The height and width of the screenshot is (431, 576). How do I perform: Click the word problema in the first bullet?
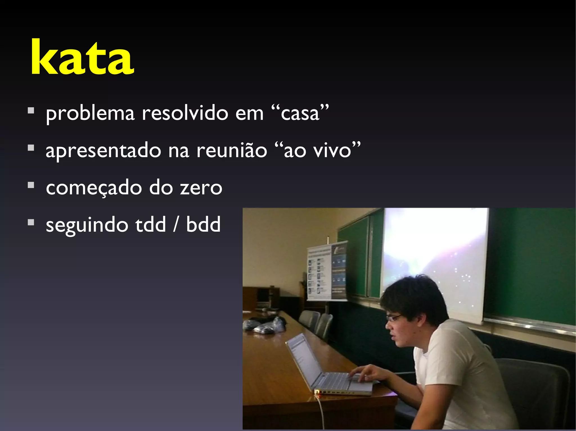(90, 114)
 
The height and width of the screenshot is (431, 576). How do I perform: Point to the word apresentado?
(103, 151)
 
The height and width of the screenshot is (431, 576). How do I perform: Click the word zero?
(201, 188)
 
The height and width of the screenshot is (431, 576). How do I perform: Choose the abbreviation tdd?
(151, 224)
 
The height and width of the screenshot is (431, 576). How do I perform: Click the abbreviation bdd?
(203, 224)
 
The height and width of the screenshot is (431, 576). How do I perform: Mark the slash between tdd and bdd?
(176, 224)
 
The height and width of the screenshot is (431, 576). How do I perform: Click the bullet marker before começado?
(31, 185)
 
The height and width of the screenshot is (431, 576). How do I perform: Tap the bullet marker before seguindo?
(31, 222)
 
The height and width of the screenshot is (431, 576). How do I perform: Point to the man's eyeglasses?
(394, 318)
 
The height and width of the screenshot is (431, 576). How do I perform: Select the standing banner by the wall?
(326, 271)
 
